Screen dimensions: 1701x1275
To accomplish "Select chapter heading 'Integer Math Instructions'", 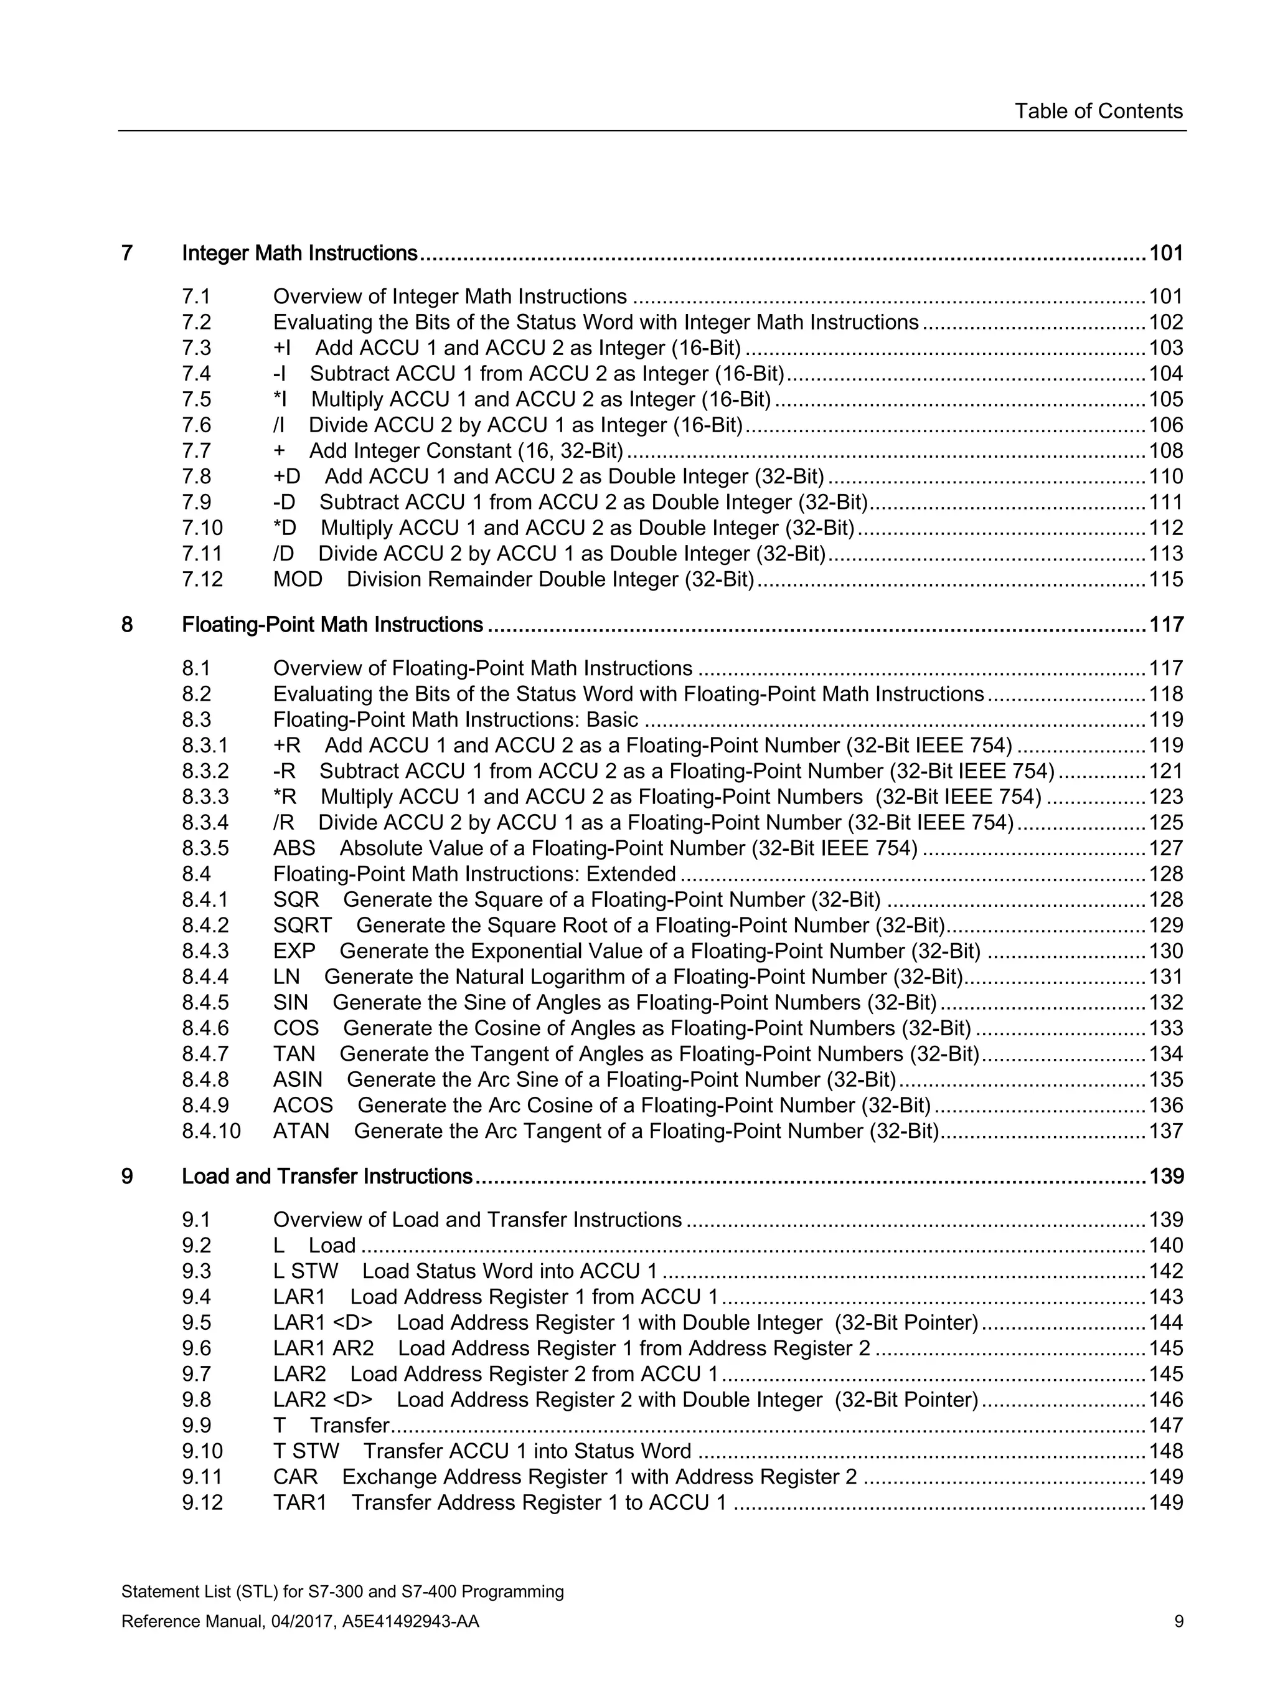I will (299, 253).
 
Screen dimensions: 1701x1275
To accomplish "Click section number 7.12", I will (202, 579).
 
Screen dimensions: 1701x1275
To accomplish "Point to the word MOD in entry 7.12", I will (298, 579).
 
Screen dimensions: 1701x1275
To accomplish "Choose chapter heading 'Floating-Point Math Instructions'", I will (332, 625).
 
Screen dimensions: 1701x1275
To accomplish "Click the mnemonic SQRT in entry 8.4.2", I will (302, 925).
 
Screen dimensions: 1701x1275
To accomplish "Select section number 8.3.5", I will (205, 848).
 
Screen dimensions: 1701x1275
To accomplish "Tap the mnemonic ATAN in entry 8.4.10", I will (301, 1131).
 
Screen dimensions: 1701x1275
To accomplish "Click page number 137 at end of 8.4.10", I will (1165, 1131).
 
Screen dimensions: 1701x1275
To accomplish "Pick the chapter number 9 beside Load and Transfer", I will (127, 1177).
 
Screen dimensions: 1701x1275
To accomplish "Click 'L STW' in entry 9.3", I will (305, 1271).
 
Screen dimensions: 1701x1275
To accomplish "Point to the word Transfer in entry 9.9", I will (350, 1426).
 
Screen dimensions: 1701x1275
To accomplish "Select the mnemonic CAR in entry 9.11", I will (295, 1477).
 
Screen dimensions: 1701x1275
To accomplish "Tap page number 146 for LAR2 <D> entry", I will (1165, 1400).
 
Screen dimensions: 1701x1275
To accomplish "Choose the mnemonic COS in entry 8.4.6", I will (295, 1028).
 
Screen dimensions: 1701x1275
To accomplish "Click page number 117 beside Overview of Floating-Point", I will (1165, 668).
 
